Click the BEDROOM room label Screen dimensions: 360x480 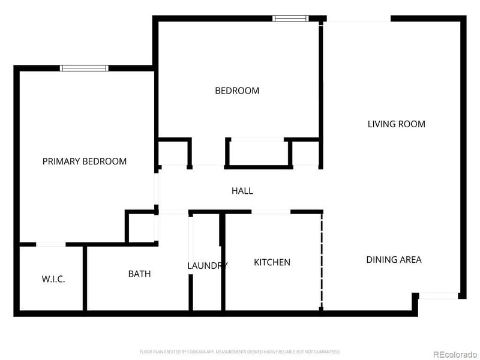[237, 91]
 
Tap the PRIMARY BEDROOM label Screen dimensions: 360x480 [84, 161]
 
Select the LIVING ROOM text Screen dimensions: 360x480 [396, 124]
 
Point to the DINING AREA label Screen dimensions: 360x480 [394, 260]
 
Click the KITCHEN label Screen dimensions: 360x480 [272, 262]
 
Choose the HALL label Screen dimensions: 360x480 [242, 191]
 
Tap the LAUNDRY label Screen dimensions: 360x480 [207, 266]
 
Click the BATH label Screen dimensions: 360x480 [139, 274]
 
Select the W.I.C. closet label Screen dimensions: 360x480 [53, 280]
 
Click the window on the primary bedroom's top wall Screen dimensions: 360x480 [84, 68]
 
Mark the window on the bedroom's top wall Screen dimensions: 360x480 [290, 19]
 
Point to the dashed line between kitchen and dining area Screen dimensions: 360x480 [322, 261]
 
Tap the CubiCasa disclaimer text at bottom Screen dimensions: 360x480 [240, 352]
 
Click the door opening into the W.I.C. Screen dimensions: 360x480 [51, 244]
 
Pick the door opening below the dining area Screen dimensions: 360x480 [438, 296]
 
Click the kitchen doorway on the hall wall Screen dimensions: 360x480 [271, 212]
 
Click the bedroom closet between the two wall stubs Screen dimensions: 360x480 [258, 153]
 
